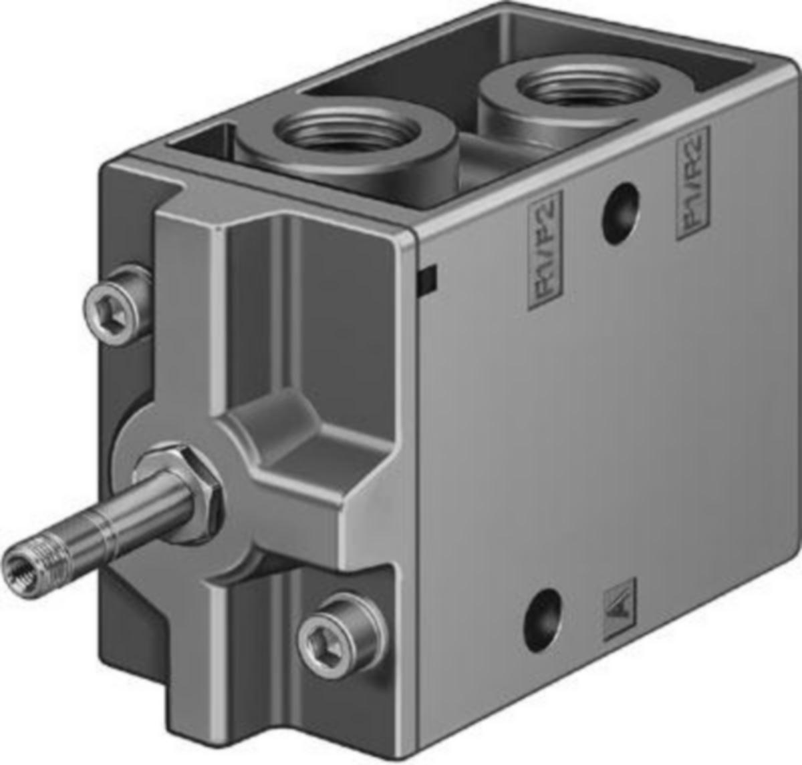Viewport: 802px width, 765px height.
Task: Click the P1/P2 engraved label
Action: pos(544,250)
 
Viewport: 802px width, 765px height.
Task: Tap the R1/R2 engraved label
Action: pos(692,182)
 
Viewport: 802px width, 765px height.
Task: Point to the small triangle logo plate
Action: pos(620,609)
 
